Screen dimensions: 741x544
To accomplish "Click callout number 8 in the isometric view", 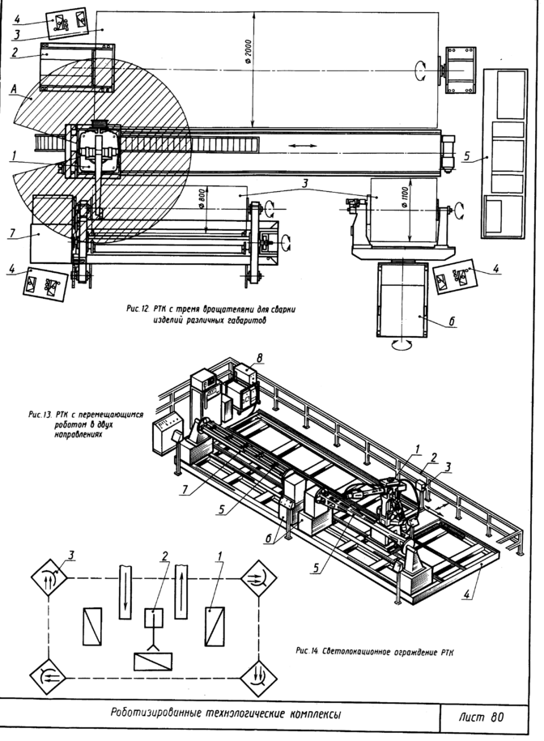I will pos(259,356).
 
